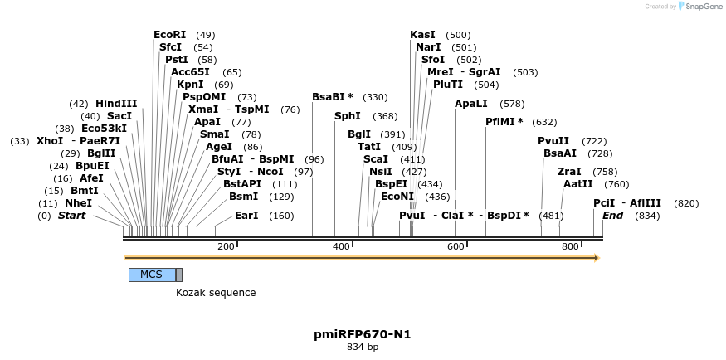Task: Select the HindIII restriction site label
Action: [x=116, y=104]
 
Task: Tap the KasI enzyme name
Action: [x=422, y=35]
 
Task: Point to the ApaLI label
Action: [x=470, y=104]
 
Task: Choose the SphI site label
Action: [x=348, y=116]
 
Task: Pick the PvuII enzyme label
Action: [x=553, y=141]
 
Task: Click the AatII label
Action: [x=578, y=183]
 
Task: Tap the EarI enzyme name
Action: [x=247, y=216]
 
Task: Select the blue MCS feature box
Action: [x=152, y=275]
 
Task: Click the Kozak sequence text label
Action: [x=216, y=293]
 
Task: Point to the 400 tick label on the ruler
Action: [x=340, y=247]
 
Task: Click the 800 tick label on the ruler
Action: [x=569, y=247]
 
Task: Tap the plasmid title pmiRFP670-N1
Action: [x=363, y=335]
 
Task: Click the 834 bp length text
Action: [x=363, y=348]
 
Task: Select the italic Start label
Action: [x=71, y=216]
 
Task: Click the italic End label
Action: [x=613, y=216]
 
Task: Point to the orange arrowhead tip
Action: [x=597, y=258]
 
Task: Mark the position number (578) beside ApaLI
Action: [x=513, y=104]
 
